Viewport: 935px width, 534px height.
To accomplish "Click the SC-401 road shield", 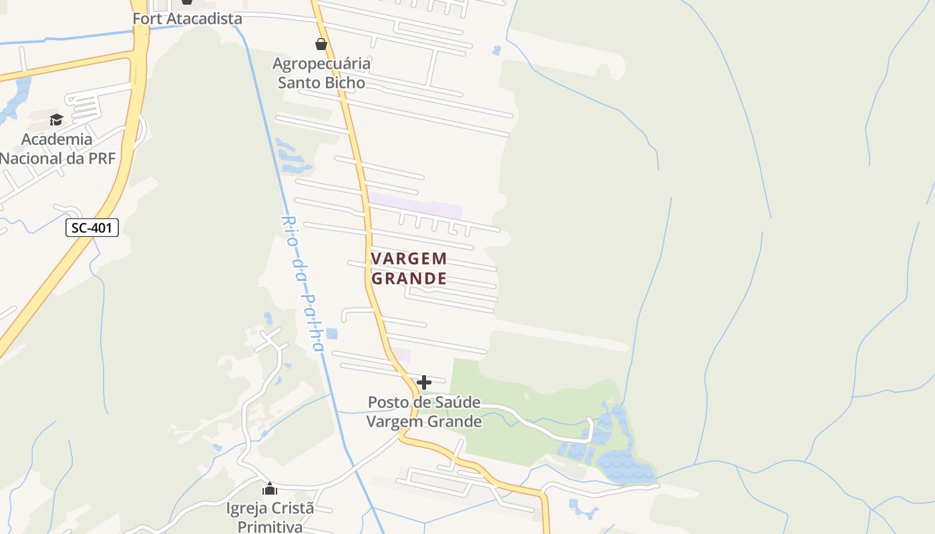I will click(x=92, y=228).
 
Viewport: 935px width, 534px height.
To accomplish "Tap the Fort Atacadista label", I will click(x=187, y=19).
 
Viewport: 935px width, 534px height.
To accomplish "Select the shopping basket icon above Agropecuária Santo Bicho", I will click(x=321, y=44).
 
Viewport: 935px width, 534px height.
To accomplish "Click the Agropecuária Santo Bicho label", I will click(x=321, y=73).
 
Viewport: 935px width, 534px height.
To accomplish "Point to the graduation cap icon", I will click(x=56, y=119).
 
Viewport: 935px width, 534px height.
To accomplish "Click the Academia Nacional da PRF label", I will click(x=57, y=148).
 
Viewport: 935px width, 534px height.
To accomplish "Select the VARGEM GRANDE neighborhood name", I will click(x=409, y=268).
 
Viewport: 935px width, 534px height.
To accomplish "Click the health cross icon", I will click(x=423, y=382).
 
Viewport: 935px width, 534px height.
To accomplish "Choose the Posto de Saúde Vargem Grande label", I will click(x=424, y=412).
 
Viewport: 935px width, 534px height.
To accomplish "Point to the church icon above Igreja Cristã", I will click(x=270, y=489).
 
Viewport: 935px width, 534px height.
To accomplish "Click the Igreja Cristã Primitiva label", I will click(x=270, y=517).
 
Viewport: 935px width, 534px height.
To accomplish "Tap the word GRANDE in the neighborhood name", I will click(x=409, y=278).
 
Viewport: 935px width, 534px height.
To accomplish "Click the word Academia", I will click(x=57, y=139).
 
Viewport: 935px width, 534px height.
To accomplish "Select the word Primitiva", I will click(x=270, y=527).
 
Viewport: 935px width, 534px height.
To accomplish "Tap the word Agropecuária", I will click(x=321, y=63).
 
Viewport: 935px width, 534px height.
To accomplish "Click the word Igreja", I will click(x=244, y=508).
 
